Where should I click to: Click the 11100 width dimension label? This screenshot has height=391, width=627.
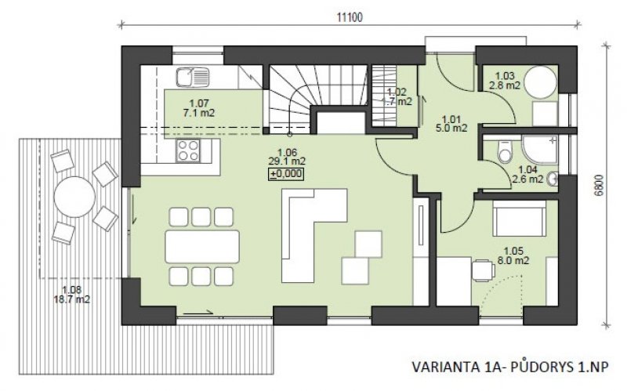[350, 17]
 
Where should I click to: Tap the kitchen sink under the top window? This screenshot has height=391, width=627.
[193, 77]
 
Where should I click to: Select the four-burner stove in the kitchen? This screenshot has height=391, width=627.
[189, 150]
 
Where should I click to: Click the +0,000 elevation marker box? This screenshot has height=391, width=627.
[285, 174]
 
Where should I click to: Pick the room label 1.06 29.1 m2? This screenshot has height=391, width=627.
[286, 157]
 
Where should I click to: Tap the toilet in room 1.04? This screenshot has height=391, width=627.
[505, 151]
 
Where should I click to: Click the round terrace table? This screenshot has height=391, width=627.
[74, 197]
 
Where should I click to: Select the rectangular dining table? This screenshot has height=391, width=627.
[202, 246]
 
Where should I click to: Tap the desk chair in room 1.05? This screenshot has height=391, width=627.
[483, 270]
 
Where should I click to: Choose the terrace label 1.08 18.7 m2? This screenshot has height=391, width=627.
[72, 295]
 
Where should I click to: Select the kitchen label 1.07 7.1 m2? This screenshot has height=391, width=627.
[199, 108]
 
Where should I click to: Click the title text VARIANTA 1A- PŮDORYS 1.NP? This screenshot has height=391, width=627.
[510, 367]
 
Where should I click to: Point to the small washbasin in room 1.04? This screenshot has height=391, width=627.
[553, 179]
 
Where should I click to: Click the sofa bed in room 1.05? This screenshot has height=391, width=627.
[519, 219]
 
